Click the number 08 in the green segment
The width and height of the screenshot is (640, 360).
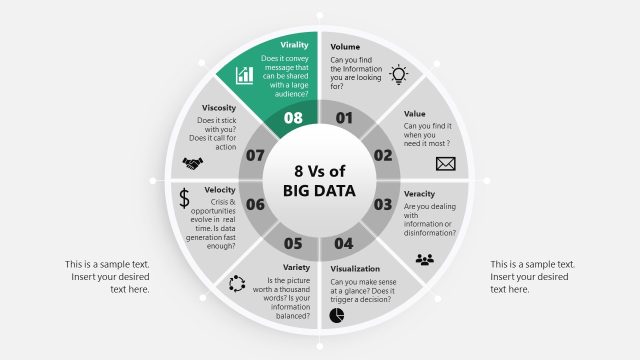click(293, 118)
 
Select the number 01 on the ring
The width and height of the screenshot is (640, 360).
click(345, 118)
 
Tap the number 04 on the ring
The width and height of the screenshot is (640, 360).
click(344, 243)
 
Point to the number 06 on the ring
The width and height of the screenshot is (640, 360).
click(255, 205)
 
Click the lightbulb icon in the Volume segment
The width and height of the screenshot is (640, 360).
click(399, 73)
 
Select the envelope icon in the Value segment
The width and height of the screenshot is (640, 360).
click(444, 163)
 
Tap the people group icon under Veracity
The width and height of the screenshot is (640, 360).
click(425, 259)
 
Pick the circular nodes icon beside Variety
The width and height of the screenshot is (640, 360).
click(237, 284)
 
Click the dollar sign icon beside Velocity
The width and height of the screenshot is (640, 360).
click(184, 198)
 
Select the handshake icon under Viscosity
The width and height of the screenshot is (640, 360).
click(192, 163)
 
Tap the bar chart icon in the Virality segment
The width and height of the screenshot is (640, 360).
click(244, 75)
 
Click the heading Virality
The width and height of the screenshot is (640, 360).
click(294, 45)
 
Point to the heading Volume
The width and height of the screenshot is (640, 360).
click(345, 46)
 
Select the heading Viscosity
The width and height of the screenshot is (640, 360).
click(219, 107)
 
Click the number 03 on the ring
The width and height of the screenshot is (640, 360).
click(382, 205)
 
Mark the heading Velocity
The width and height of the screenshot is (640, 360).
click(220, 190)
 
